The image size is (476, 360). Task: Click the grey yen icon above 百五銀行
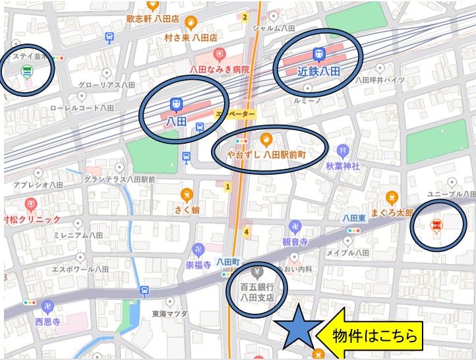(257, 271)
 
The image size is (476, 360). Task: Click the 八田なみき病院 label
(220, 69)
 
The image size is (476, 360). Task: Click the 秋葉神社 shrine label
(342, 167)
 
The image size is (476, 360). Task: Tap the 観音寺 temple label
(295, 242)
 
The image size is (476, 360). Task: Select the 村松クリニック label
(31, 219)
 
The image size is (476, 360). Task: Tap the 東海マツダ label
(169, 314)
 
